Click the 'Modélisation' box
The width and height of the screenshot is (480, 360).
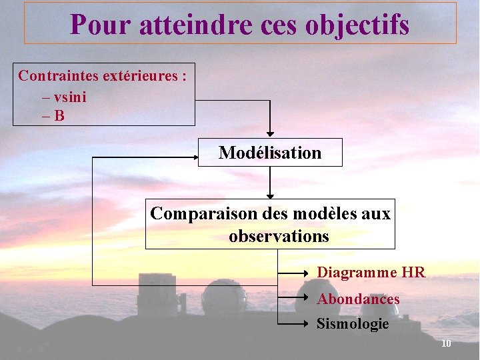tap(270, 153)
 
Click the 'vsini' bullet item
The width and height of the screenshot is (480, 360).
tap(69, 97)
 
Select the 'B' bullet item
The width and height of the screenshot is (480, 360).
tap(59, 116)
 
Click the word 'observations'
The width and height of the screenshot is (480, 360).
tap(279, 236)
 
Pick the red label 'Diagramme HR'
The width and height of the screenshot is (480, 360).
tap(371, 272)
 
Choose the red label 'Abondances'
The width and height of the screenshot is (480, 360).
tap(358, 299)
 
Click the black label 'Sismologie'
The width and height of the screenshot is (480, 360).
tap(353, 324)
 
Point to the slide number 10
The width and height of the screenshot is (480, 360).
tap(446, 343)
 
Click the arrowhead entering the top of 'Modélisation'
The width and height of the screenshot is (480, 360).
tap(270, 133)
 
